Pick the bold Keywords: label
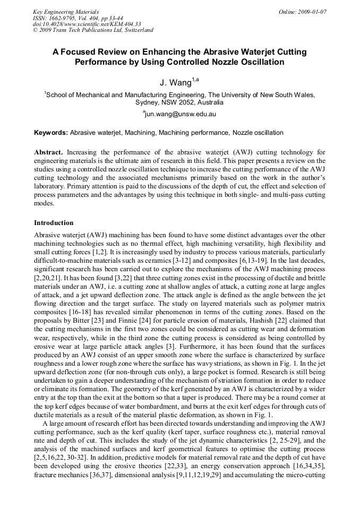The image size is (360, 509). (x=51, y=133)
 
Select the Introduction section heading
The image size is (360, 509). (x=54, y=223)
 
